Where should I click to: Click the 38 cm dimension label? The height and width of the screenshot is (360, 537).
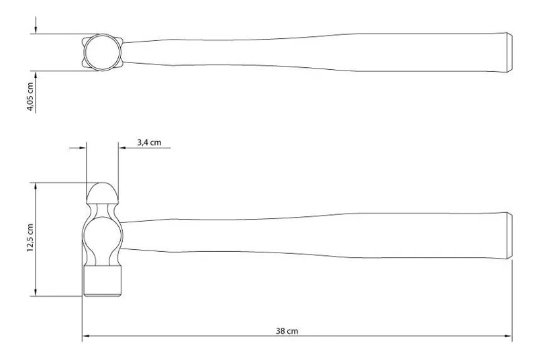287,331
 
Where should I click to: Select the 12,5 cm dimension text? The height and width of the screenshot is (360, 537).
30,238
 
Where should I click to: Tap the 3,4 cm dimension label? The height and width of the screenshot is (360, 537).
149,142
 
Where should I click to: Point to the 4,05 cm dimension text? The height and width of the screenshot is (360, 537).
30,97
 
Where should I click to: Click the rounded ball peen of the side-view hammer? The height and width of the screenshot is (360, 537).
102,193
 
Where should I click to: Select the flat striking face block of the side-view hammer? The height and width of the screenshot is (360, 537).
103,281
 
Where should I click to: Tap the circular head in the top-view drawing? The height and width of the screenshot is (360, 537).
103,52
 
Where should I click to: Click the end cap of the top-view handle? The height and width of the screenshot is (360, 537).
509,52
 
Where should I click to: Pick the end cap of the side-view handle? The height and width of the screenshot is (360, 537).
509,236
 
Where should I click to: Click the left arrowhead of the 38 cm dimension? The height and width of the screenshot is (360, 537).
86,336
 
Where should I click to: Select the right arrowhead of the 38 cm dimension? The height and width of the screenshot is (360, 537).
508,336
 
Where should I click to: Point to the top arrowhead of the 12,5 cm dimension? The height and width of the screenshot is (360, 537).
36,186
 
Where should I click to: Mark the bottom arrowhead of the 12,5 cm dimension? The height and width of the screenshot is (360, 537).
36,293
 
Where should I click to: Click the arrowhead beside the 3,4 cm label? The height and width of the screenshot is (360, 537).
123,148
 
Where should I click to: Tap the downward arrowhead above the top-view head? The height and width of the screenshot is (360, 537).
36,30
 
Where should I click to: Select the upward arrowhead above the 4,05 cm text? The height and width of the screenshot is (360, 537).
36,75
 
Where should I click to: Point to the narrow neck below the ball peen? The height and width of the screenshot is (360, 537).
103,210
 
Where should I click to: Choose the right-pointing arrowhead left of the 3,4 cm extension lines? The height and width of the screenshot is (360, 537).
82,148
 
